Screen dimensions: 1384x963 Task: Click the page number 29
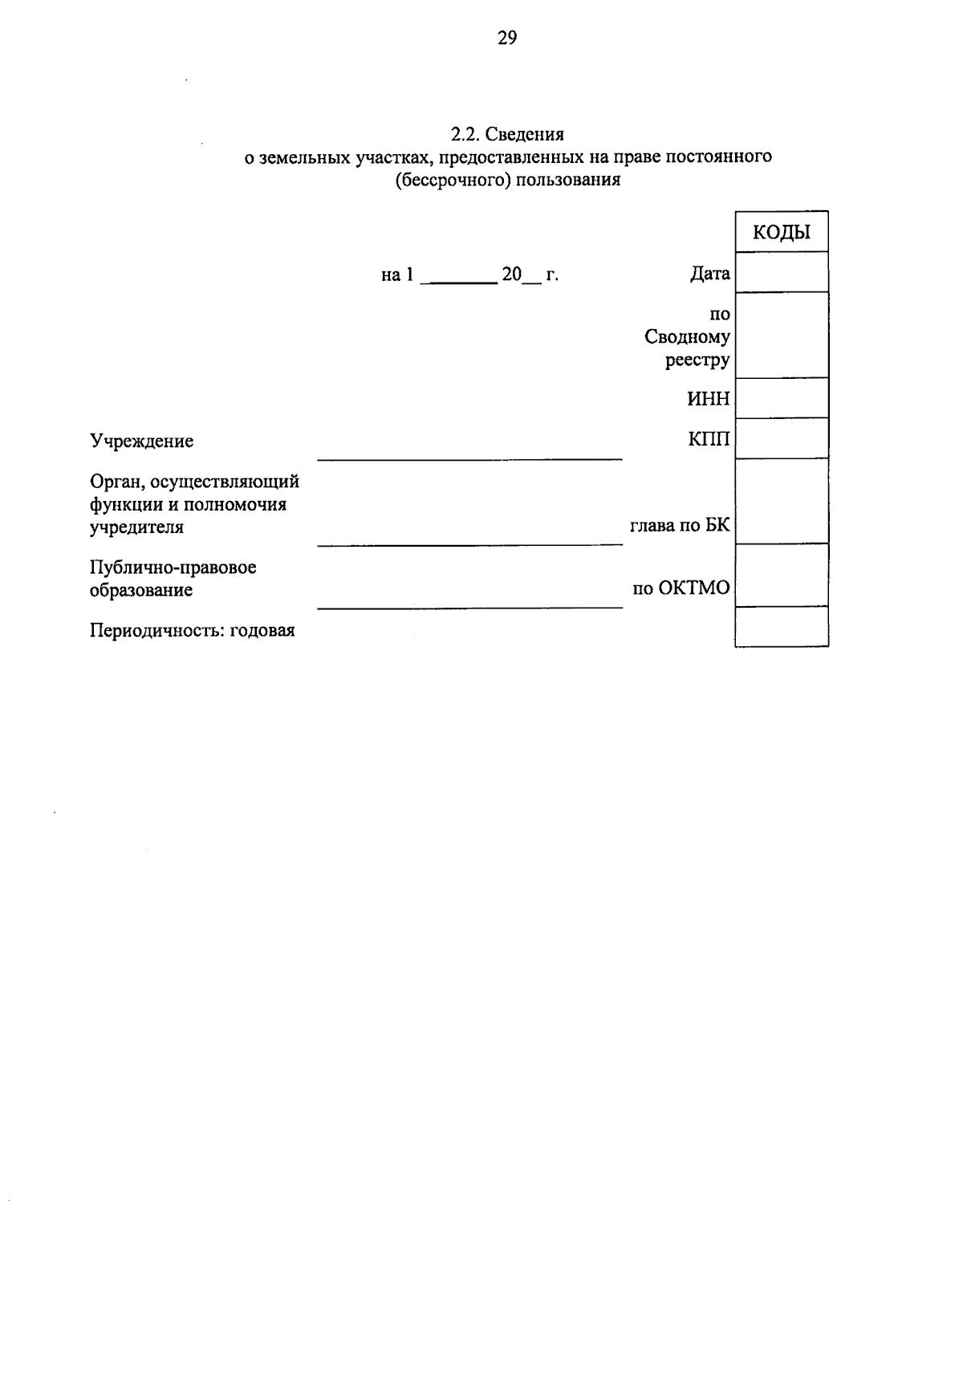pos(507,38)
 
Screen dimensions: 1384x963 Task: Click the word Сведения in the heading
pos(528,134)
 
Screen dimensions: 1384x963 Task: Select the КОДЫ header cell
pos(782,233)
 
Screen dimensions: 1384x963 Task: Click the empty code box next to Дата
pos(782,272)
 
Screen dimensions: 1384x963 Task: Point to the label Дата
pos(709,275)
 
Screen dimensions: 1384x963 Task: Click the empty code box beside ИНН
pos(782,398)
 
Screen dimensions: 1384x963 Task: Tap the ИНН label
pos(709,399)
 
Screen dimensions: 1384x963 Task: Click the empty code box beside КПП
pos(782,438)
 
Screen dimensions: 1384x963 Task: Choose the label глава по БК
pos(680,527)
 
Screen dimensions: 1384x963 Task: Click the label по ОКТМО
pos(681,588)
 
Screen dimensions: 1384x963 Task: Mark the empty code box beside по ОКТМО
pos(782,575)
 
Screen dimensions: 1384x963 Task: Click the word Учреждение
pos(141,441)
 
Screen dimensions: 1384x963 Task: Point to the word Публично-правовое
pos(173,568)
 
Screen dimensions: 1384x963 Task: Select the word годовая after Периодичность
pos(262,630)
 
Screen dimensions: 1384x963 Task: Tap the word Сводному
pos(687,337)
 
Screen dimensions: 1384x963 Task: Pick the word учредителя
pos(136,527)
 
